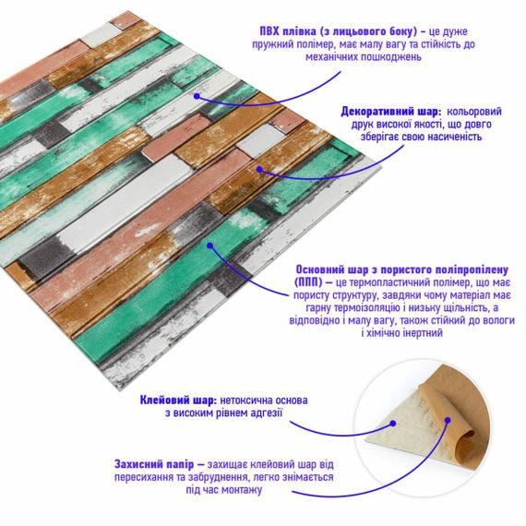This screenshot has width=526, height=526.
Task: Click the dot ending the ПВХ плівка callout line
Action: (x=197, y=92)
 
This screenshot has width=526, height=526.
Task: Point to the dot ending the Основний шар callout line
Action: (x=210, y=245)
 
